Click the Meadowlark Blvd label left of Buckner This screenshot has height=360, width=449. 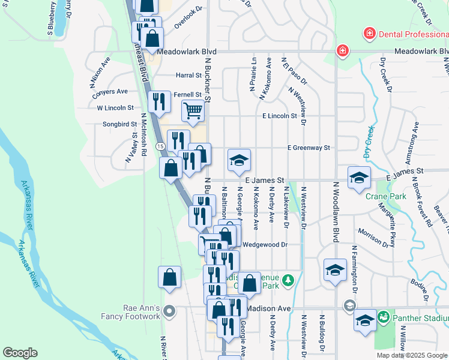click(186, 52)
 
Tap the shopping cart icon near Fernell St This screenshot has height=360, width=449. click(193, 110)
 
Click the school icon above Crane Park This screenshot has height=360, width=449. click(359, 178)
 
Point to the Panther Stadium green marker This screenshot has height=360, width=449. click(385, 318)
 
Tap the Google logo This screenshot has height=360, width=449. click(20, 353)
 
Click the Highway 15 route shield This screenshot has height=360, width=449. click(160, 146)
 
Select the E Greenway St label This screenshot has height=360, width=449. click(309, 148)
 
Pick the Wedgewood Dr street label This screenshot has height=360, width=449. click(267, 245)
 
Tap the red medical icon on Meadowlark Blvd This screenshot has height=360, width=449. click(343, 51)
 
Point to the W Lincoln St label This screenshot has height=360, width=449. click(115, 108)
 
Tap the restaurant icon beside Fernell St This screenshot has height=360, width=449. click(159, 101)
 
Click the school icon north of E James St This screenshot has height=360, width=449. click(239, 160)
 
